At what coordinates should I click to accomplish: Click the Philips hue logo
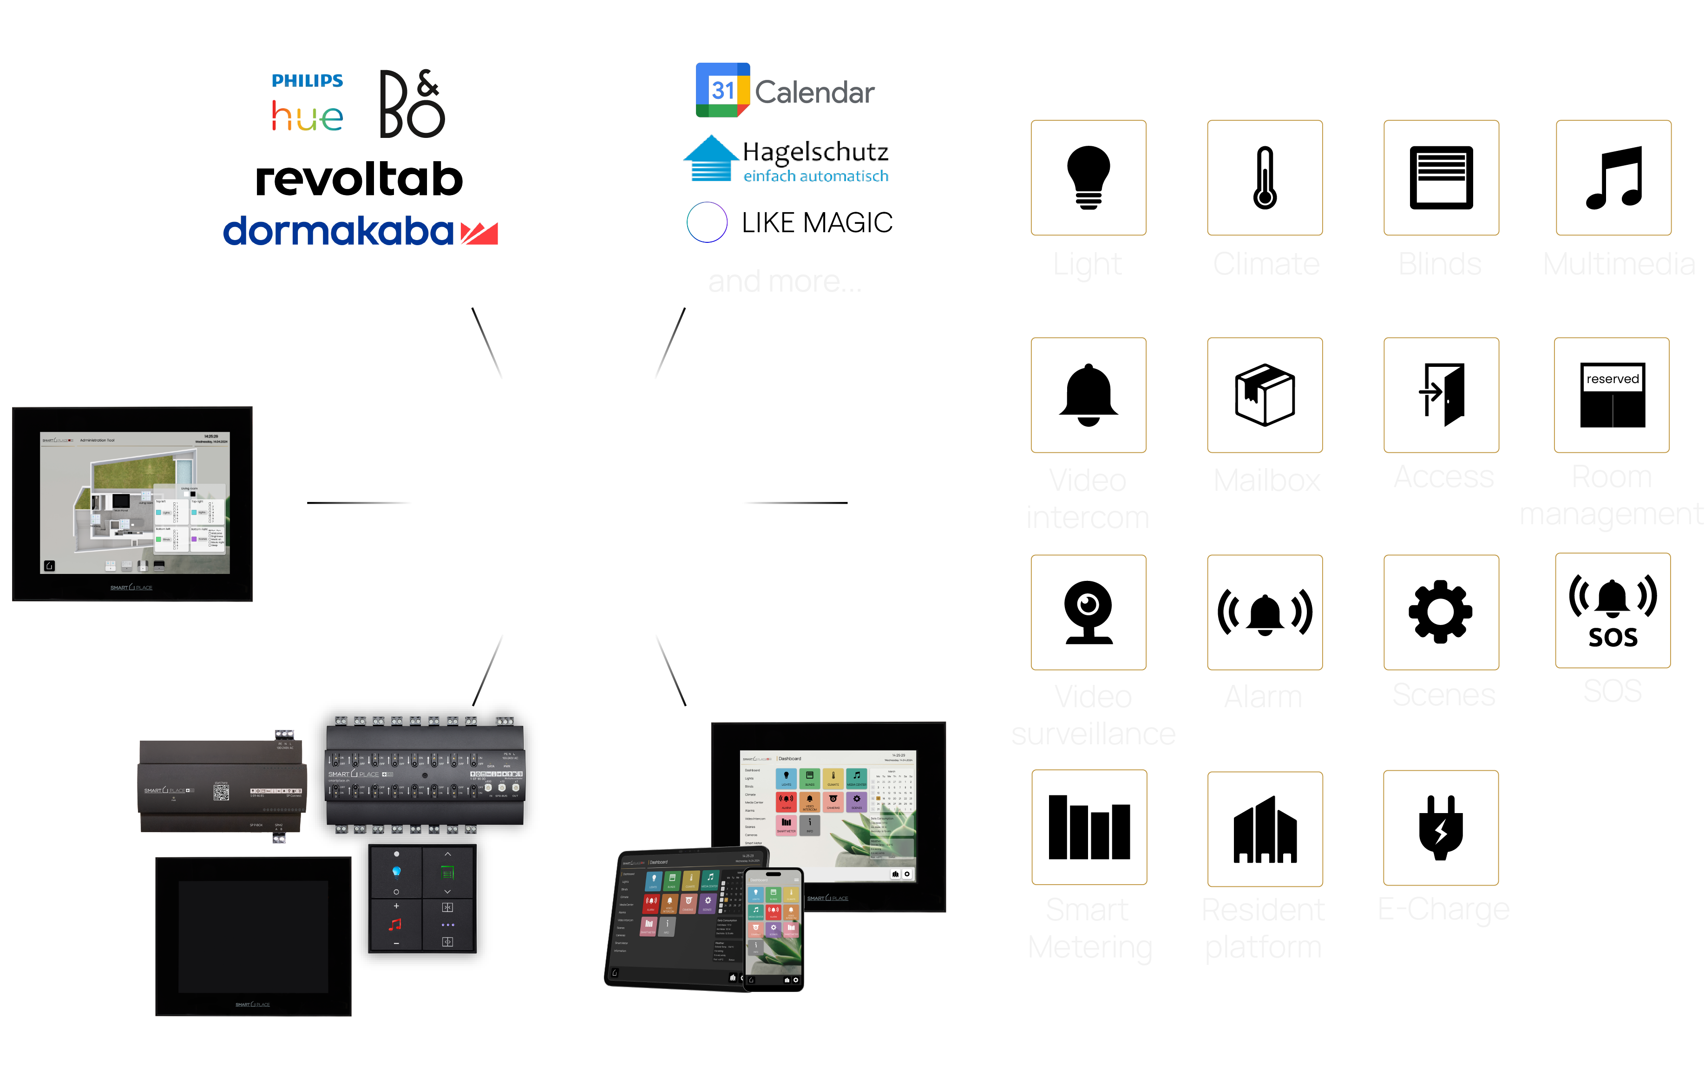point(308,103)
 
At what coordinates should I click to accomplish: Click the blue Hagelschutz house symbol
point(711,158)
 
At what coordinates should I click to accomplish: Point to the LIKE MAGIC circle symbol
point(707,222)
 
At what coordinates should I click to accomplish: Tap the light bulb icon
point(1088,177)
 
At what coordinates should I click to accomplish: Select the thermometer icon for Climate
point(1264,177)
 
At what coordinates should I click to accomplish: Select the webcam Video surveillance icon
point(1088,612)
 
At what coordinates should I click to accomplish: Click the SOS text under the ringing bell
point(1613,637)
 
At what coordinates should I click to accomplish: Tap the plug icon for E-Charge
point(1441,828)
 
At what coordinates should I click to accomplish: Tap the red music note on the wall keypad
point(396,924)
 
